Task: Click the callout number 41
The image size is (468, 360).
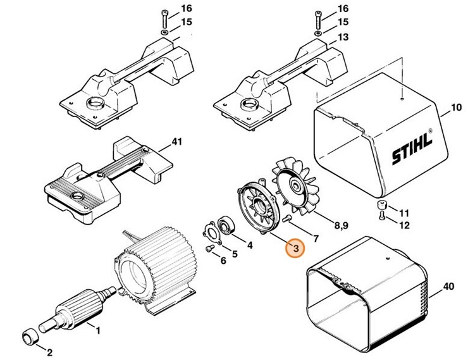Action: click(x=176, y=142)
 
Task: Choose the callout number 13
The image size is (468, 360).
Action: click(x=343, y=37)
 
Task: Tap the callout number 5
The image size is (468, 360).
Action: click(x=235, y=254)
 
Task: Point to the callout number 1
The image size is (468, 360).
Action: click(x=98, y=329)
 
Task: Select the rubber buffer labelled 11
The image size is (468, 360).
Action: click(x=383, y=207)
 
